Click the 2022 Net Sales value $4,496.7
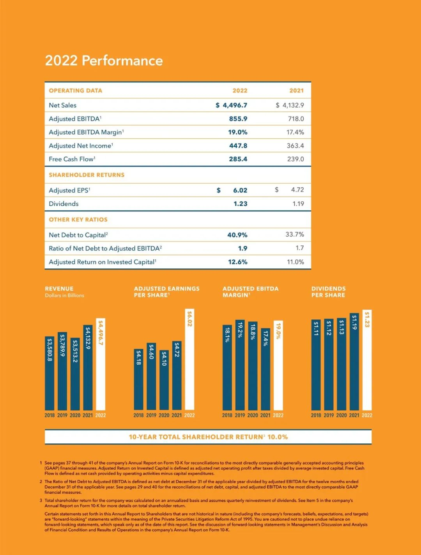(232, 105)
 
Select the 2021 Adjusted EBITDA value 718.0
(296, 119)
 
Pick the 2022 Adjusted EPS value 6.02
(240, 190)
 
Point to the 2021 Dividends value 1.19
(298, 204)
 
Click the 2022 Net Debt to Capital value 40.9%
(237, 235)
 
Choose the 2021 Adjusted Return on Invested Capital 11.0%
(295, 262)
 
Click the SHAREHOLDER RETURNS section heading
(87, 175)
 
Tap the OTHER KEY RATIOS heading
(78, 220)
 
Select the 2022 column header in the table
(240, 90)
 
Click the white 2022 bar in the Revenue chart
(101, 365)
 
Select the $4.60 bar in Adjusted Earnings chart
(151, 376)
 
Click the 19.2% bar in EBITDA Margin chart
(240, 365)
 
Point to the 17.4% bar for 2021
(265, 369)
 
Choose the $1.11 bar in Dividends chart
(316, 365)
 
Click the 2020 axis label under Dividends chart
(341, 415)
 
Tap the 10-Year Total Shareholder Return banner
(208, 437)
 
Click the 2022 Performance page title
(104, 61)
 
